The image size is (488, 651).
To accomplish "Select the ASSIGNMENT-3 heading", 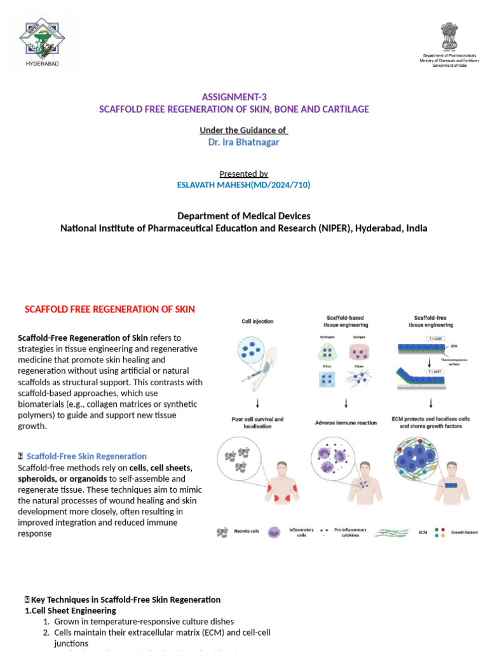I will (234, 97).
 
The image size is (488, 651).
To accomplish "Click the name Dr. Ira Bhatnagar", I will (243, 142).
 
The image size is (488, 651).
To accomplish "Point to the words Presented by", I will (243, 174).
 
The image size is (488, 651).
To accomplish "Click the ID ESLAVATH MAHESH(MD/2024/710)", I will (243, 184).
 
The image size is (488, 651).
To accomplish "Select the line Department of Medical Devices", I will (243, 216).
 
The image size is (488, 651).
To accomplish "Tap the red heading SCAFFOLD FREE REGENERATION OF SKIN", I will (109, 309).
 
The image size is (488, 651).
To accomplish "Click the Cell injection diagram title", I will (258, 321).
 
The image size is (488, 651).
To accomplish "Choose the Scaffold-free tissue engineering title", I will (433, 321).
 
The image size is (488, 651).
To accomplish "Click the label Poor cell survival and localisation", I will (257, 422).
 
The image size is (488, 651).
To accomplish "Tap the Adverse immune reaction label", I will (345, 422).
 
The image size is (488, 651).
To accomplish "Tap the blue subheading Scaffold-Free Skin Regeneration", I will (86, 456).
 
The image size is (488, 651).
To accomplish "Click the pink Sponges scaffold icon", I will (359, 352).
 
